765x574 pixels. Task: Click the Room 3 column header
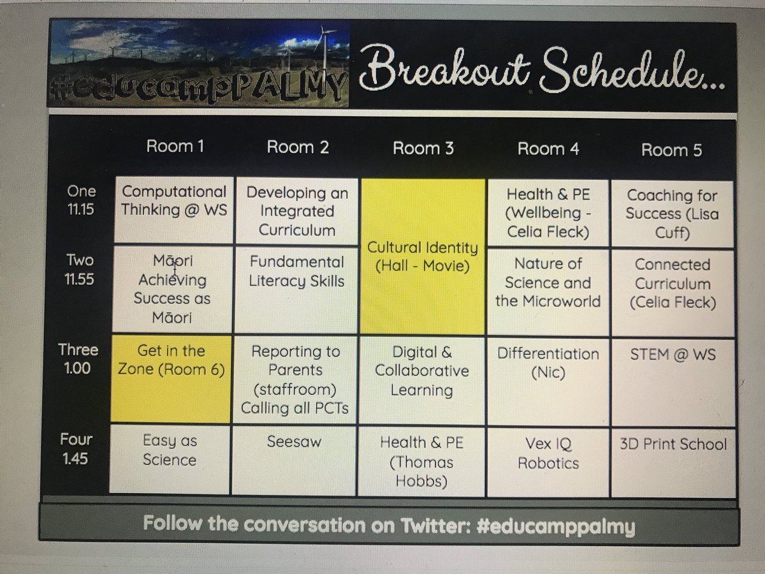[x=423, y=149]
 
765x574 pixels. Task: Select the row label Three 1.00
[x=78, y=358]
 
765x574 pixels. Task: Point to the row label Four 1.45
[x=76, y=448]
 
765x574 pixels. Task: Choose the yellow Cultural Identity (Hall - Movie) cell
[x=422, y=256]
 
